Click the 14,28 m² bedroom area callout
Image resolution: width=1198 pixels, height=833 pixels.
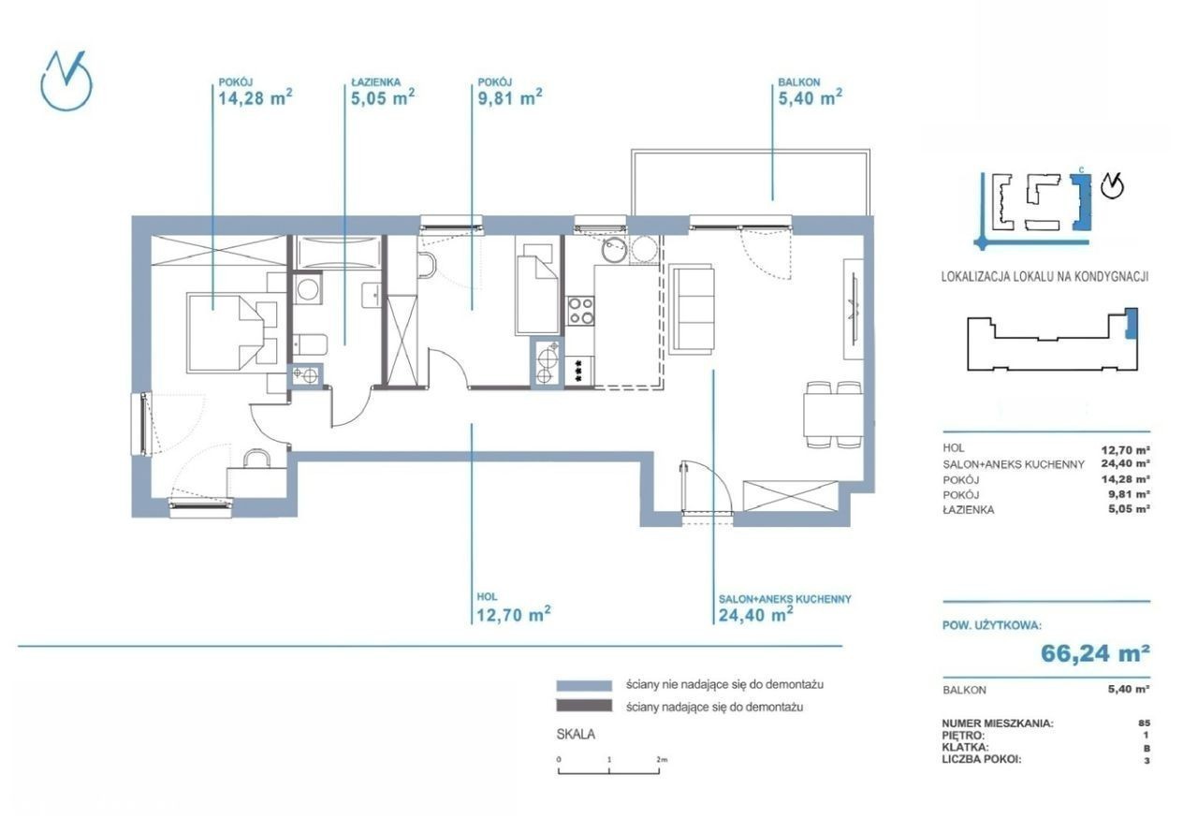256,98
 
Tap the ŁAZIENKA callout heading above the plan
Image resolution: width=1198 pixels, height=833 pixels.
376,82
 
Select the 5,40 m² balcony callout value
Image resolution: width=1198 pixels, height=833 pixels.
811,98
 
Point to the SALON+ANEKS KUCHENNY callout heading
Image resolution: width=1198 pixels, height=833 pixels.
784,599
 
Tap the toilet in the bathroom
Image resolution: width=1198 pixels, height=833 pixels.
310,343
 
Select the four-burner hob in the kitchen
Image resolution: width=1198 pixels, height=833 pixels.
581,311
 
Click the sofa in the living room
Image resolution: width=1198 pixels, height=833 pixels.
692,308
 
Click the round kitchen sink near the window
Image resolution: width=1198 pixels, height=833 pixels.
613,250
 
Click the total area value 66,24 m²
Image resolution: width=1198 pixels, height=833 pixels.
1096,652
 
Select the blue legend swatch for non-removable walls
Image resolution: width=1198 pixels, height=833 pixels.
584,685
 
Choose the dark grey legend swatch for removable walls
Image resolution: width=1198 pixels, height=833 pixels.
584,706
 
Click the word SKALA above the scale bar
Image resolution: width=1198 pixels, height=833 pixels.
576,734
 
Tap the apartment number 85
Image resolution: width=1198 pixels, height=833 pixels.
1145,723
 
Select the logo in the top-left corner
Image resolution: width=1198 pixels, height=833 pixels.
66,81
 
